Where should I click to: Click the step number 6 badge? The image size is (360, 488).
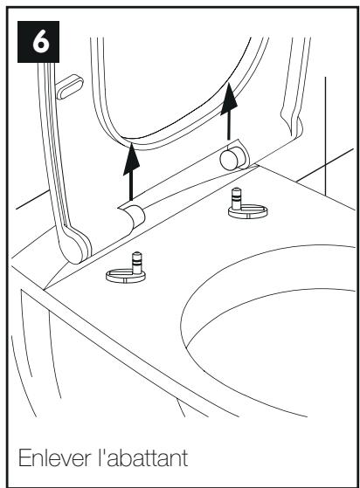(38, 42)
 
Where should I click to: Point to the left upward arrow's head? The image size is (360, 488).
(131, 159)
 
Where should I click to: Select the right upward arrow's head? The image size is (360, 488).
(229, 99)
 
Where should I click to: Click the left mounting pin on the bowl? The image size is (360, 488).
(136, 263)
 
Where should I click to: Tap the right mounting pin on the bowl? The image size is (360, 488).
(237, 198)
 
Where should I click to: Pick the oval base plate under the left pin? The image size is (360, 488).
(126, 276)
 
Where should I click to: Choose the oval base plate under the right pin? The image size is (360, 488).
(248, 211)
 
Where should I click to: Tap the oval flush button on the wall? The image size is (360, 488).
(69, 86)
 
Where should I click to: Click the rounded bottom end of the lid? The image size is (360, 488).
(76, 246)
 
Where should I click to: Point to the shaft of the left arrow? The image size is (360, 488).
(131, 187)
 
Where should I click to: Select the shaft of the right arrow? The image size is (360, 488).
(229, 127)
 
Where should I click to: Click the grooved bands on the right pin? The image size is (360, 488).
(237, 197)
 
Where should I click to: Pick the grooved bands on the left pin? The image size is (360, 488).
(137, 262)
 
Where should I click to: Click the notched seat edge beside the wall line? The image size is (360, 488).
(292, 120)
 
